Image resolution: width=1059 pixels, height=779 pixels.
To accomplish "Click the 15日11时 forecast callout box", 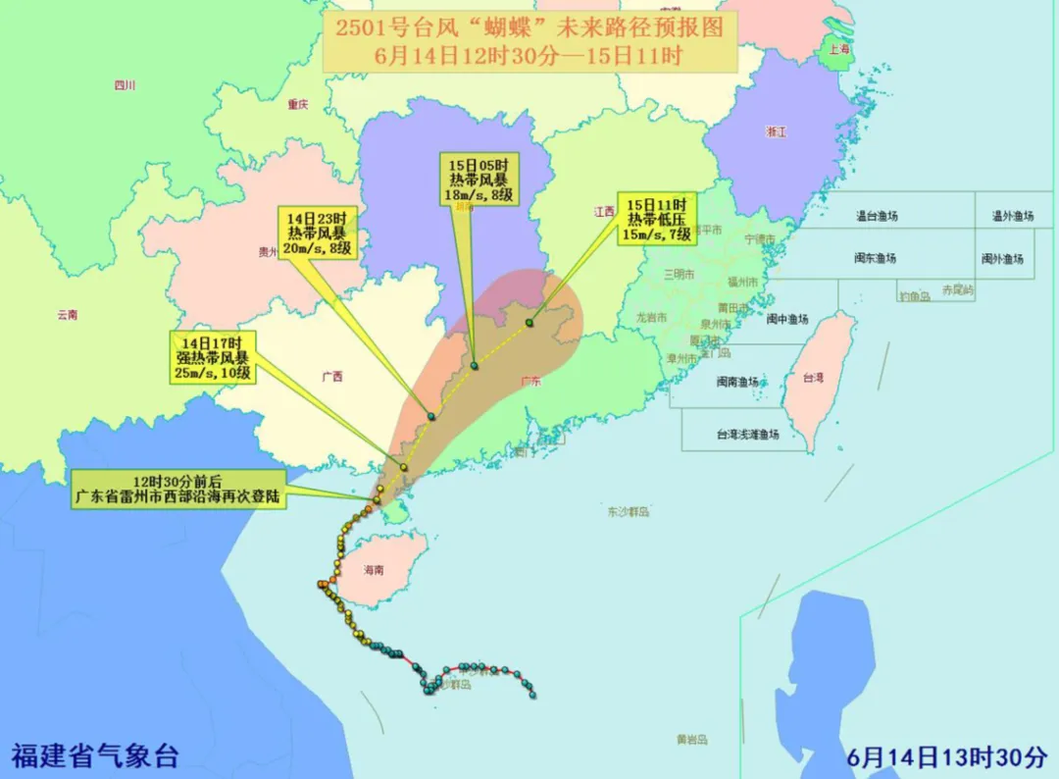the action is pos(656,217).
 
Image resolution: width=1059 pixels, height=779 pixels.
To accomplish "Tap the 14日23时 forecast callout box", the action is pos(321,233).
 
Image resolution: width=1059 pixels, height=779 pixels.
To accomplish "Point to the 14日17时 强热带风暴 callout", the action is pos(214,357).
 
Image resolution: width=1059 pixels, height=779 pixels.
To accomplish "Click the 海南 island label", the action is pos(374,570).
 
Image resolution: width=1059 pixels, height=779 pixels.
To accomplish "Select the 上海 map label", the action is pos(838,49).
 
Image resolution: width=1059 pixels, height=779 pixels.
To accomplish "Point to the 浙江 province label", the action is pos(776,131).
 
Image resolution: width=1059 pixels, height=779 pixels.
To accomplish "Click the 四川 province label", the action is pos(125,85).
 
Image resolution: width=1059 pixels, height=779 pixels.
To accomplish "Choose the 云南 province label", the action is pos(67,315).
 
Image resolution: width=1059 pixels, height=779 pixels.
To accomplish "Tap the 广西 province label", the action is pos(332,376).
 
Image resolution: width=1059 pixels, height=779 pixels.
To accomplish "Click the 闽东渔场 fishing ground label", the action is pos(875,259).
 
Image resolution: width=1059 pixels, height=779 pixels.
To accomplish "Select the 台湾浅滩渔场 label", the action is pos(747,434).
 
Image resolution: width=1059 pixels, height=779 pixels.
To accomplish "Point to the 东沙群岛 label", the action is pos(629,511).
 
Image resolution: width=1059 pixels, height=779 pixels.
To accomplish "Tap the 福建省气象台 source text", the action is pos(95,756).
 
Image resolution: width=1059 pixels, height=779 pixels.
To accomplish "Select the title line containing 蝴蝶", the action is pos(529,27).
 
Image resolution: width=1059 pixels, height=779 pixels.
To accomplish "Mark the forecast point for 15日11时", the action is pos(529,322).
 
